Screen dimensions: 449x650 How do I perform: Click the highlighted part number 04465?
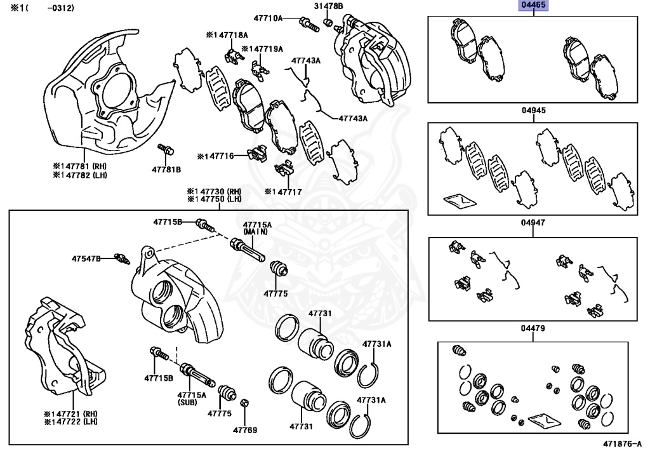click(x=534, y=6)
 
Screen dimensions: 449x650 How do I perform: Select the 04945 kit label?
click(x=534, y=110)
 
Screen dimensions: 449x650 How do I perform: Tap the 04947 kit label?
click(x=534, y=223)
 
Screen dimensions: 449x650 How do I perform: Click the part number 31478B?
click(x=328, y=6)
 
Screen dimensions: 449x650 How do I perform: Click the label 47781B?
click(x=166, y=170)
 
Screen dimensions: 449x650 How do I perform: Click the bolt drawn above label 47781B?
click(x=167, y=150)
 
